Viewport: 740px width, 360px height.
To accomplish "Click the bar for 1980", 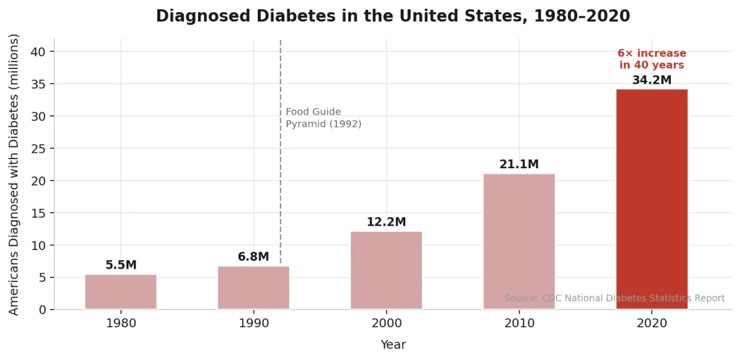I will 121,292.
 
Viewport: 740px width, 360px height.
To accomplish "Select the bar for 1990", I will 253,287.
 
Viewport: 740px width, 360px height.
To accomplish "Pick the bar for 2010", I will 519,241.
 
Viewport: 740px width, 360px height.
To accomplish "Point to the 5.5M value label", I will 121,265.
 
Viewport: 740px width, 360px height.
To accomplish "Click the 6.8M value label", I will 253,256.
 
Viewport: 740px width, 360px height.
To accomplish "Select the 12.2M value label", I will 387,222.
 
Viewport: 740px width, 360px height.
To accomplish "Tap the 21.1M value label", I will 519,165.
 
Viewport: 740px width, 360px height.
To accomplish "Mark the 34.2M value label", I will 652,80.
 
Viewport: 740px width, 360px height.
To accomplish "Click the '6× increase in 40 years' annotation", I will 652,59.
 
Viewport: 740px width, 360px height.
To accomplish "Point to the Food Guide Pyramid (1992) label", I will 323,118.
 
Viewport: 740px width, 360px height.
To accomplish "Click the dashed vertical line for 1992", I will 281,185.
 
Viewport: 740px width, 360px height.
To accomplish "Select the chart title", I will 393,16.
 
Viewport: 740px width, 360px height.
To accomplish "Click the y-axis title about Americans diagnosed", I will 14,174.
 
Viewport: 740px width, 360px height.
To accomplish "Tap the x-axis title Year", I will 393,345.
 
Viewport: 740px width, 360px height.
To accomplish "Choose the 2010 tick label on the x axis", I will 519,322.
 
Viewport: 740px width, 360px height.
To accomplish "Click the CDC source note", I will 614,298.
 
